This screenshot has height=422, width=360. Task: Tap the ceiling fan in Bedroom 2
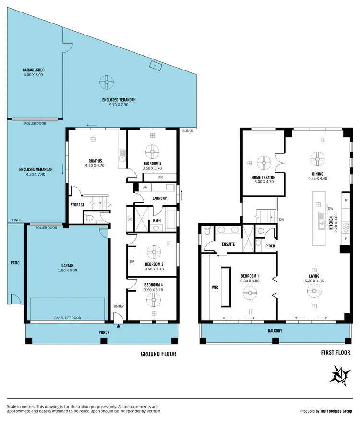click(x=152, y=152)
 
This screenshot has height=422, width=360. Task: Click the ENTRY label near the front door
click(x=118, y=306)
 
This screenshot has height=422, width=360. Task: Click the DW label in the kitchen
click(x=331, y=209)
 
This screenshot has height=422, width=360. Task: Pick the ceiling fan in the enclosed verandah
click(x=105, y=82)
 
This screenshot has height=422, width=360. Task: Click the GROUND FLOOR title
click(x=158, y=354)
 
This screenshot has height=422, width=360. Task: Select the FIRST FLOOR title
click(x=334, y=352)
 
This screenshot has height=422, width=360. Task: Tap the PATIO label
click(x=15, y=262)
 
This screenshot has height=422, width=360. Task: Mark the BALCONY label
click(x=275, y=331)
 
